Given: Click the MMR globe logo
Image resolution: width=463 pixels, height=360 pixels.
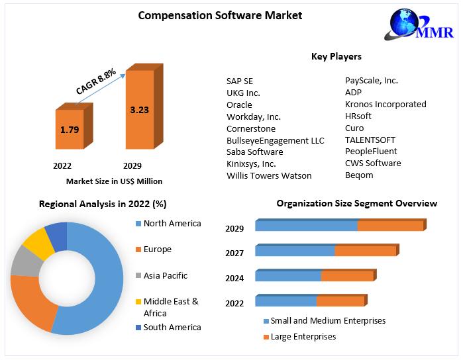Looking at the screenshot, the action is click(x=419, y=24).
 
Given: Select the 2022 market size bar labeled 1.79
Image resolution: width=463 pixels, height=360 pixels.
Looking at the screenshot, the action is click(x=74, y=126).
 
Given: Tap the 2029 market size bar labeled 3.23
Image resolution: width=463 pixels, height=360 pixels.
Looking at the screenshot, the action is click(x=144, y=107).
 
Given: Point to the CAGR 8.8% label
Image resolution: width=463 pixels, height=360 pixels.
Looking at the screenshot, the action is click(x=96, y=81).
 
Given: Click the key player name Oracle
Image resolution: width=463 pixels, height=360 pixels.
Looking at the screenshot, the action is click(x=239, y=105).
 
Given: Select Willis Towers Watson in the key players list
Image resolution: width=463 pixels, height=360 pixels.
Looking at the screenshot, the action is click(x=269, y=175).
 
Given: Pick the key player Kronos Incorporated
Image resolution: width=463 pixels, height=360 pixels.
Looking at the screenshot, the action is click(x=386, y=104).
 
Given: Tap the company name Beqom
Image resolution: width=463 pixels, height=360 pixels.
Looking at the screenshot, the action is click(x=359, y=175).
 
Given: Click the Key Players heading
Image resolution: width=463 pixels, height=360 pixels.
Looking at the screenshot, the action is click(x=336, y=56).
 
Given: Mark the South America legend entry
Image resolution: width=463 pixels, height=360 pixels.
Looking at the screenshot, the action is click(x=168, y=328).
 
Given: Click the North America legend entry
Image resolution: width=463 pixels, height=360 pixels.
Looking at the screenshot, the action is click(x=168, y=224).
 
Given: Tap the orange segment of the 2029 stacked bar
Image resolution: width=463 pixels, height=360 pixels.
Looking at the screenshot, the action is click(x=392, y=225).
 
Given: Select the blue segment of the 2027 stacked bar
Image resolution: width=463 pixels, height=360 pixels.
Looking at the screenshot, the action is click(x=295, y=250).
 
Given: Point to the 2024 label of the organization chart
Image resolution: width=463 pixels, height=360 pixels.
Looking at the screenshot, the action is click(x=234, y=278).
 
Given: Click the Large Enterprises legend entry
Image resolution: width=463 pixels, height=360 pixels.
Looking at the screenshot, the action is click(x=299, y=337).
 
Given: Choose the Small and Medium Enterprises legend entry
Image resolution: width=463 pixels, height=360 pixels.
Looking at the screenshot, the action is click(x=325, y=321).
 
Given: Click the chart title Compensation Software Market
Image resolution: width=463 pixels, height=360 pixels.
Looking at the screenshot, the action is click(x=220, y=15).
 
